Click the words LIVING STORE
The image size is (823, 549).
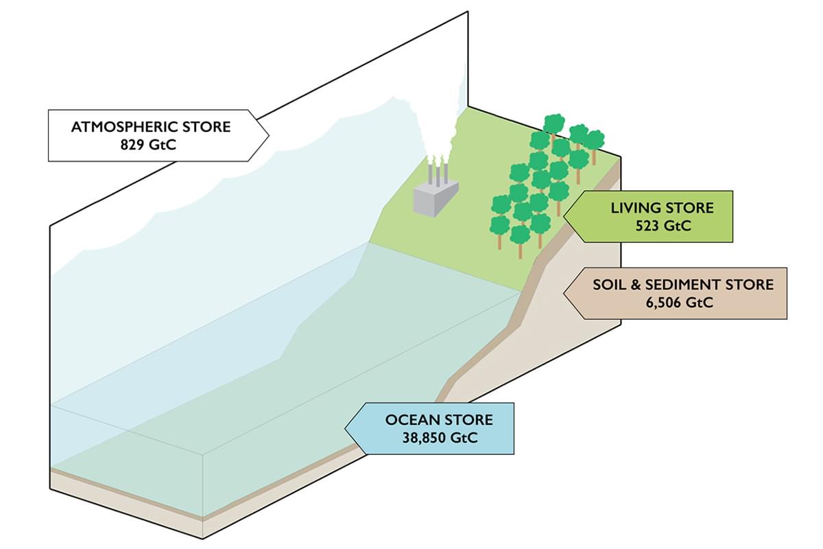(x=662, y=207)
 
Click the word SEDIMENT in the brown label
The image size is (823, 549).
(x=692, y=284)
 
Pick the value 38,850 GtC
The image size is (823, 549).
(x=439, y=438)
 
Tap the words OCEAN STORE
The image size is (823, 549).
(x=439, y=420)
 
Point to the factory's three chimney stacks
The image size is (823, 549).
(x=437, y=172)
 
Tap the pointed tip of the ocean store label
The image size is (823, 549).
(x=344, y=429)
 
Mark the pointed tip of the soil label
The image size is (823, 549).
(x=564, y=293)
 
